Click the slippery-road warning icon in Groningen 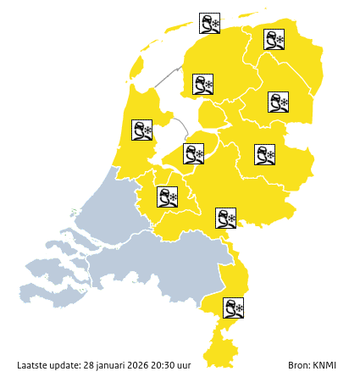[274, 39]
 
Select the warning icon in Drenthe [279, 103]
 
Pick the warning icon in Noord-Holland [141, 130]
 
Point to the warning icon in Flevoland [194, 153]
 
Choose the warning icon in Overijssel [265, 154]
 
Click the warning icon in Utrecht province [168, 197]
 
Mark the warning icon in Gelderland [226, 218]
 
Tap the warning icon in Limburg [234, 308]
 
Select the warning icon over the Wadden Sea [209, 23]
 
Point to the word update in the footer [66, 366]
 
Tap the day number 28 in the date [89, 366]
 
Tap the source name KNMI [325, 366]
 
